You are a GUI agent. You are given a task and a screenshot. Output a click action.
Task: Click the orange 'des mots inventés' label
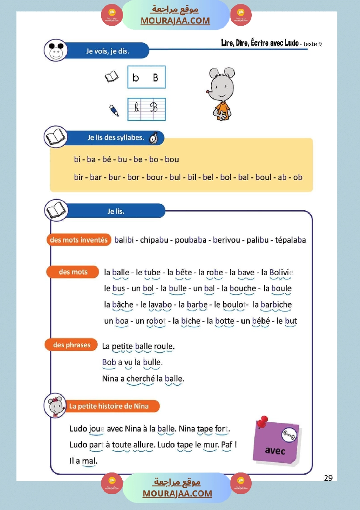point(79,240)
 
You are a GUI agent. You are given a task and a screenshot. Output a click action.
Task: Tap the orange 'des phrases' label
point(72,345)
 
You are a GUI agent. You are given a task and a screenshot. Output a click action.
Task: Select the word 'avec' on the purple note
point(275,450)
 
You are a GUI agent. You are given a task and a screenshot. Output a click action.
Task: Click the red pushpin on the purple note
point(262,421)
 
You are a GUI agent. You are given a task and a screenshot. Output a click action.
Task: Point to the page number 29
point(328,478)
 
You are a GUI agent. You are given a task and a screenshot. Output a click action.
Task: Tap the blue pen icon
point(114,110)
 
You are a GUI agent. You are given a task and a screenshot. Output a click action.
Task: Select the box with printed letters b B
point(147,77)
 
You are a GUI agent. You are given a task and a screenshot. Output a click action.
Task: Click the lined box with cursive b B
point(147,109)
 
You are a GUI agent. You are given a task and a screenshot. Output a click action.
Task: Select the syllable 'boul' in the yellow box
point(263,177)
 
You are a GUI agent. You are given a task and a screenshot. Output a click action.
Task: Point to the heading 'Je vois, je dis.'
point(107,51)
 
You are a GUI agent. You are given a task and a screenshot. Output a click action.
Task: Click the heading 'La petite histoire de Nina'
point(109,406)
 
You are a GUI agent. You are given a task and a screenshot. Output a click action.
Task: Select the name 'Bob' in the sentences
point(109,362)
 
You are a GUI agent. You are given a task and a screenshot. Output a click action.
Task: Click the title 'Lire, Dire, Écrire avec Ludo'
point(260,43)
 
